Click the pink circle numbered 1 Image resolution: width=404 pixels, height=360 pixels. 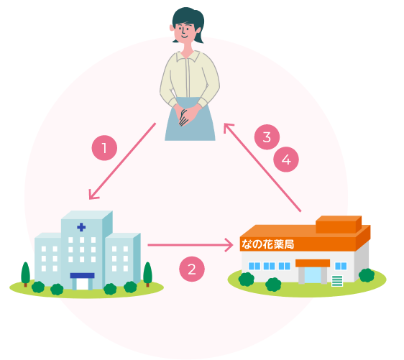coord(105,148)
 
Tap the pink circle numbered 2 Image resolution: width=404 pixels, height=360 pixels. coord(192,269)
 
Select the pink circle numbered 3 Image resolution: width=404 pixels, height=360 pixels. coord(267,137)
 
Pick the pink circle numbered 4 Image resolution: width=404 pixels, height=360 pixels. coord(286,160)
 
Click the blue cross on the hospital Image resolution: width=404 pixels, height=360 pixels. coord(81,227)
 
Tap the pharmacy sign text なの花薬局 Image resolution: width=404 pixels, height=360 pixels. coord(267,244)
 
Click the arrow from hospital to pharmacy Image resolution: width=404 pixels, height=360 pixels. coord(190,245)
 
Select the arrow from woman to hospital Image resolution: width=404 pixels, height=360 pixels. coord(122,161)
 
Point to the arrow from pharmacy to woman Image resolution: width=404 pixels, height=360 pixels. coord(262,167)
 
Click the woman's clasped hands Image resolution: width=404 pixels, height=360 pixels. coord(186,116)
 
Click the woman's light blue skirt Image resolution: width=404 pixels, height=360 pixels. coord(190,120)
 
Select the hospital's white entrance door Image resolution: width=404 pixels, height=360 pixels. coord(83,285)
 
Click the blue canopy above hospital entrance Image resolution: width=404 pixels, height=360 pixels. coord(82,275)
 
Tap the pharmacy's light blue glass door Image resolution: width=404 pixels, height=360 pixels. coord(313,275)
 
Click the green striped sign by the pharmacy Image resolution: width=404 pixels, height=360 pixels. coord(337,281)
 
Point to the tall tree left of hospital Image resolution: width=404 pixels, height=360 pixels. coord(25,274)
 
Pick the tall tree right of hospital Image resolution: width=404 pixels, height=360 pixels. coord(147,274)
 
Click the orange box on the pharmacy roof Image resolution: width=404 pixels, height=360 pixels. coord(339,224)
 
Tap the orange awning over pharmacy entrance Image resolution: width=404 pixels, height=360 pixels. coord(313,263)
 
